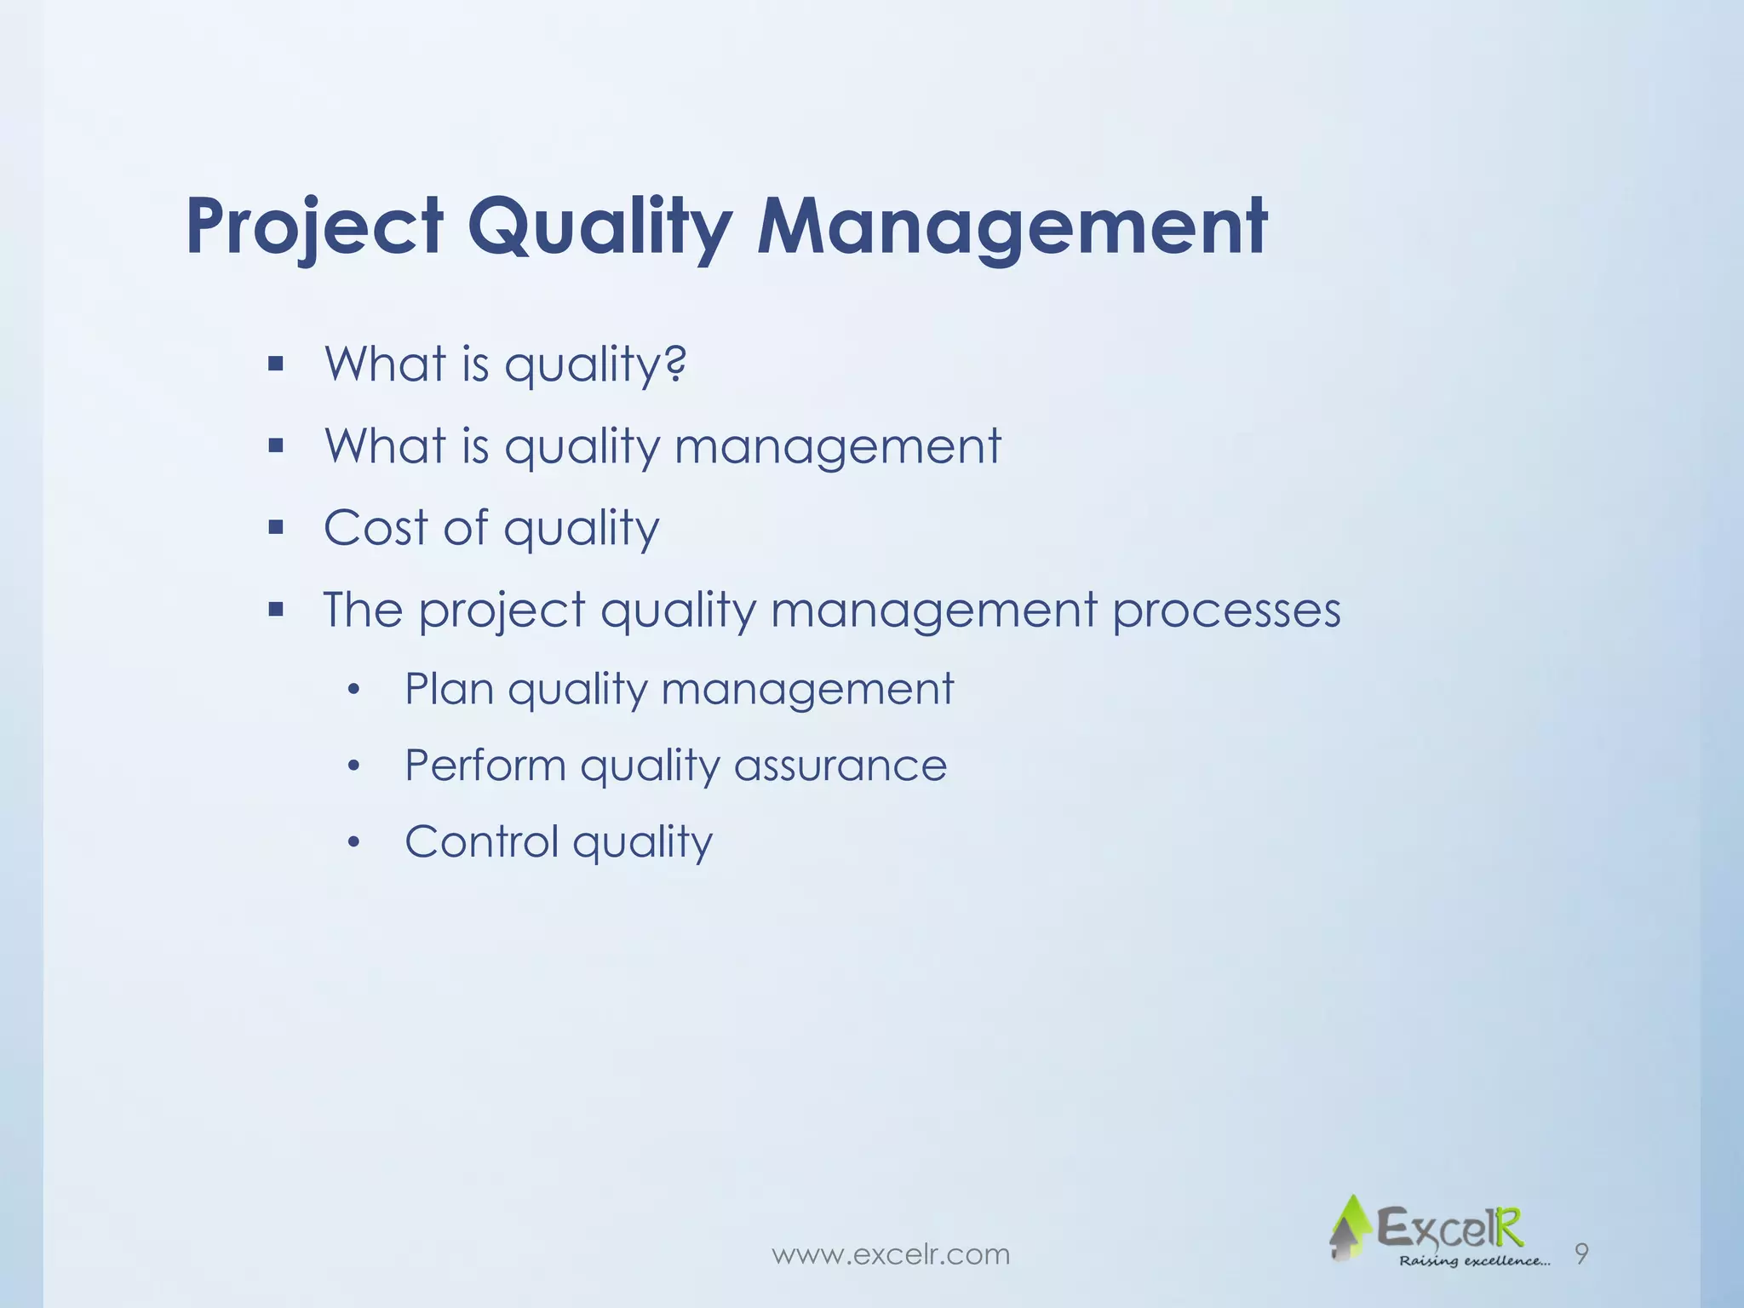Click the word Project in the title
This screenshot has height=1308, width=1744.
pyautogui.click(x=314, y=227)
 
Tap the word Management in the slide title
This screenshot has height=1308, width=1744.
pyautogui.click(x=1012, y=227)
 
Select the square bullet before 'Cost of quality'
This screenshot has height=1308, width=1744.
pyautogui.click(x=275, y=528)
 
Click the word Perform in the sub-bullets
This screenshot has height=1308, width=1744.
pyautogui.click(x=485, y=765)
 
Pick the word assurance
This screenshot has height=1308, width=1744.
pyautogui.click(x=840, y=765)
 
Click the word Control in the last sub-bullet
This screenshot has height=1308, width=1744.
pyautogui.click(x=481, y=841)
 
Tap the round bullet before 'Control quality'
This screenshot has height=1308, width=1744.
pyautogui.click(x=355, y=843)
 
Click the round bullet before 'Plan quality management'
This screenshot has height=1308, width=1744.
pyautogui.click(x=355, y=690)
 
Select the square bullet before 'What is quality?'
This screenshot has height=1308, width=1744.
pyautogui.click(x=275, y=364)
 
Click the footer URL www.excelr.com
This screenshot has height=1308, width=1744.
pyautogui.click(x=890, y=1254)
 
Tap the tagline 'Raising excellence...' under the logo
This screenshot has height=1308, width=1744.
pyautogui.click(x=1474, y=1260)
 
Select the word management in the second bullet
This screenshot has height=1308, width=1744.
pyautogui.click(x=837, y=445)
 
